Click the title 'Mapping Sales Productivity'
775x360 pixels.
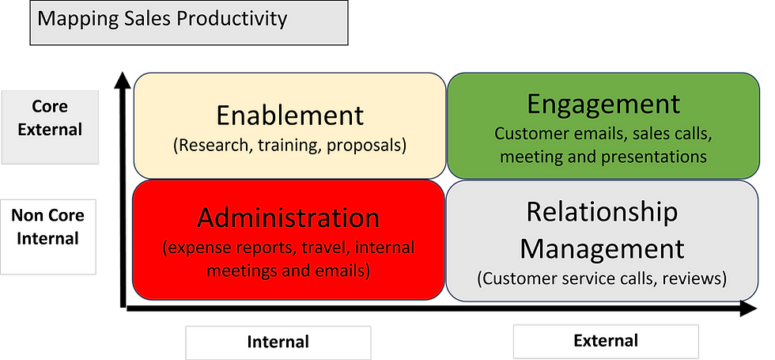coord(162,18)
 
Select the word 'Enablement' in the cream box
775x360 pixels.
coord(289,116)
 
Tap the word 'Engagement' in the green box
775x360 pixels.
coord(603,105)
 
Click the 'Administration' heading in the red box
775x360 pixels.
coord(288,218)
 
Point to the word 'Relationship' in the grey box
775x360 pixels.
coord(602,213)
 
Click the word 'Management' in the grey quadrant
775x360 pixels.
coord(602,249)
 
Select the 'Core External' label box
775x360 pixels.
coord(50,127)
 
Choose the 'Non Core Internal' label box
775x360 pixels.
coord(48,237)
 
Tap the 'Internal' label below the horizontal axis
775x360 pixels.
coord(278,342)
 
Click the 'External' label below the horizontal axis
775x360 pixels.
coord(606,341)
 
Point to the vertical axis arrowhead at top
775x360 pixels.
coord(123,80)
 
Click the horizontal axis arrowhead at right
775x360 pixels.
coord(748,309)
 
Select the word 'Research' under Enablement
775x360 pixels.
coord(208,146)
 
